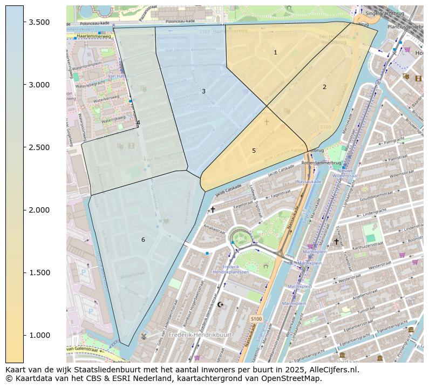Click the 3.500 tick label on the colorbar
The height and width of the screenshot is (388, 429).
(x=39, y=22)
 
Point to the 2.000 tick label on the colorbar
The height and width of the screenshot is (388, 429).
(x=39, y=210)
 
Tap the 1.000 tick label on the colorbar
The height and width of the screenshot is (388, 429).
(x=39, y=335)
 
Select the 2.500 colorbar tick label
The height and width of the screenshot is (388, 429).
(x=39, y=147)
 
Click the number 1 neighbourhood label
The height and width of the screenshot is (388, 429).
(x=275, y=52)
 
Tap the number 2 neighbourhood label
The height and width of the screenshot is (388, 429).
(x=324, y=87)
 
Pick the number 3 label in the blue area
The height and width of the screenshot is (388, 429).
(x=203, y=91)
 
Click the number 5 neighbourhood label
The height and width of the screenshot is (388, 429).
(x=254, y=151)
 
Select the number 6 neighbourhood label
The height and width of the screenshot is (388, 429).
(x=143, y=240)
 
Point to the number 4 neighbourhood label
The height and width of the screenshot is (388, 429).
(x=138, y=122)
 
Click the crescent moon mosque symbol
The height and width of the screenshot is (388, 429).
(x=220, y=304)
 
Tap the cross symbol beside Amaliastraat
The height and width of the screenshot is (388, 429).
(x=213, y=209)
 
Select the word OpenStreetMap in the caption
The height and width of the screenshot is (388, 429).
(x=294, y=378)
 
